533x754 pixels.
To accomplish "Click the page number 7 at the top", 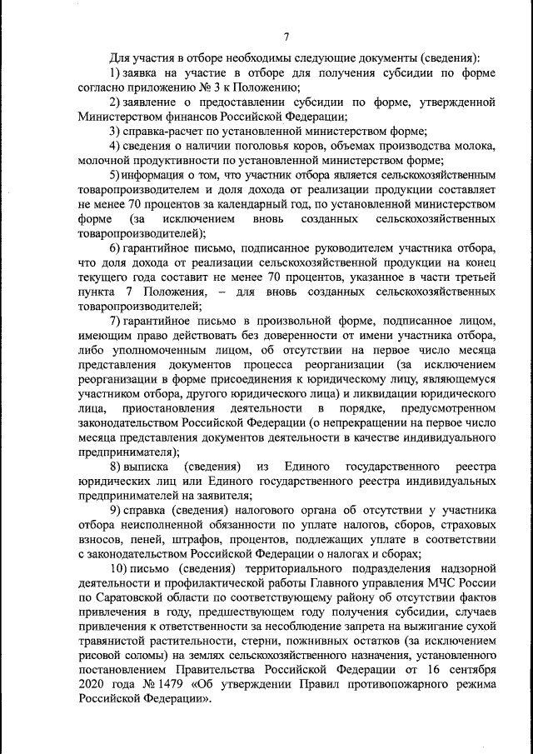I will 286,36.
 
